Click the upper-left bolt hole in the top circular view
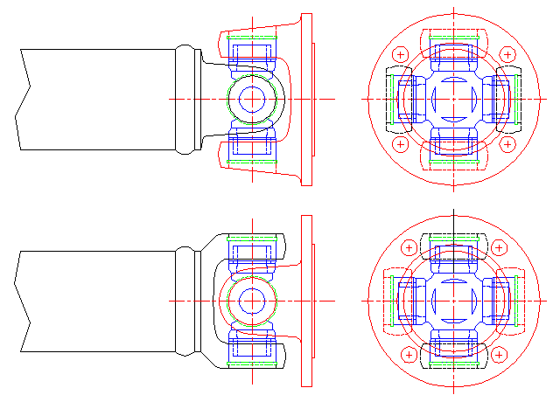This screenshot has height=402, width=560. (401, 55)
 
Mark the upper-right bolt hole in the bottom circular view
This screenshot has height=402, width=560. (498, 248)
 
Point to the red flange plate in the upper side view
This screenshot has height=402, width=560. (306, 99)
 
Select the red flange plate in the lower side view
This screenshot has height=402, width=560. (306, 300)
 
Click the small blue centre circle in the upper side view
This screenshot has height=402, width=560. (251, 99)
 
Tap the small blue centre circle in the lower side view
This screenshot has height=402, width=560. (251, 300)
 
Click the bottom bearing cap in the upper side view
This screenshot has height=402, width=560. (251, 149)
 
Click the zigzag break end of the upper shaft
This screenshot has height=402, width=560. (24, 99)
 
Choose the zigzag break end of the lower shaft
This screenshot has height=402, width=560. (24, 301)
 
